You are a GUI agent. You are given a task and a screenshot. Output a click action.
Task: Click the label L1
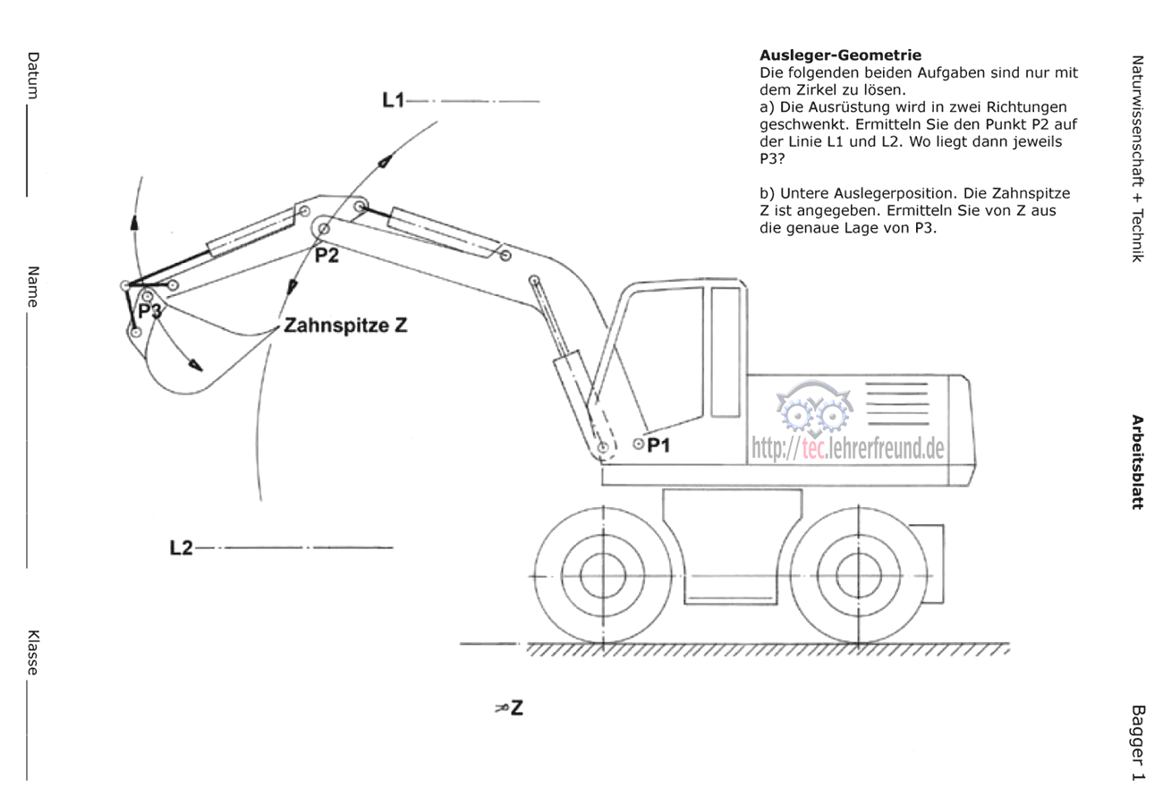(x=393, y=99)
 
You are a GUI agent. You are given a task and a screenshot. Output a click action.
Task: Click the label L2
(x=182, y=547)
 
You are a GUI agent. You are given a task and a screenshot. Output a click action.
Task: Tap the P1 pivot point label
(x=658, y=444)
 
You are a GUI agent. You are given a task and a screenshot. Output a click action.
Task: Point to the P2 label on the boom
(x=327, y=256)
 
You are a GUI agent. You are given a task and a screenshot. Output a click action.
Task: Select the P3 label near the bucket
(x=150, y=311)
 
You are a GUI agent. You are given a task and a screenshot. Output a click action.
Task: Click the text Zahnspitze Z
(x=346, y=326)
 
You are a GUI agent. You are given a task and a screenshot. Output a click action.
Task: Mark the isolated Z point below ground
(x=510, y=707)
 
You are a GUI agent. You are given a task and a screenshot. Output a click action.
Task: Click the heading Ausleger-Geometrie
(x=841, y=55)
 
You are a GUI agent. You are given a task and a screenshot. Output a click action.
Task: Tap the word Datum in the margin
(x=33, y=75)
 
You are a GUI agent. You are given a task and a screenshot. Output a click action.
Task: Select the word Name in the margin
(x=33, y=286)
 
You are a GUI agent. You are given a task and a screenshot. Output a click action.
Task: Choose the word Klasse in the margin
(x=33, y=653)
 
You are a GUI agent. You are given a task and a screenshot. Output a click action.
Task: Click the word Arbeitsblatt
(x=1138, y=462)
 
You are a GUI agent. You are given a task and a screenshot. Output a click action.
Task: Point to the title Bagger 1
(x=1138, y=743)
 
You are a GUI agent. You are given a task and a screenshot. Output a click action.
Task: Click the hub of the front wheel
(x=603, y=576)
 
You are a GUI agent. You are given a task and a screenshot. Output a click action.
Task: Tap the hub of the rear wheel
(x=858, y=576)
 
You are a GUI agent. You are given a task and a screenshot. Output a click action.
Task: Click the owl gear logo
(x=815, y=409)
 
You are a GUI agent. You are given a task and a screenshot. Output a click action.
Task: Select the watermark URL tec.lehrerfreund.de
(x=848, y=448)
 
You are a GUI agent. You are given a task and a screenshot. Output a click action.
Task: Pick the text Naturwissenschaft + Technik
(x=1138, y=159)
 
